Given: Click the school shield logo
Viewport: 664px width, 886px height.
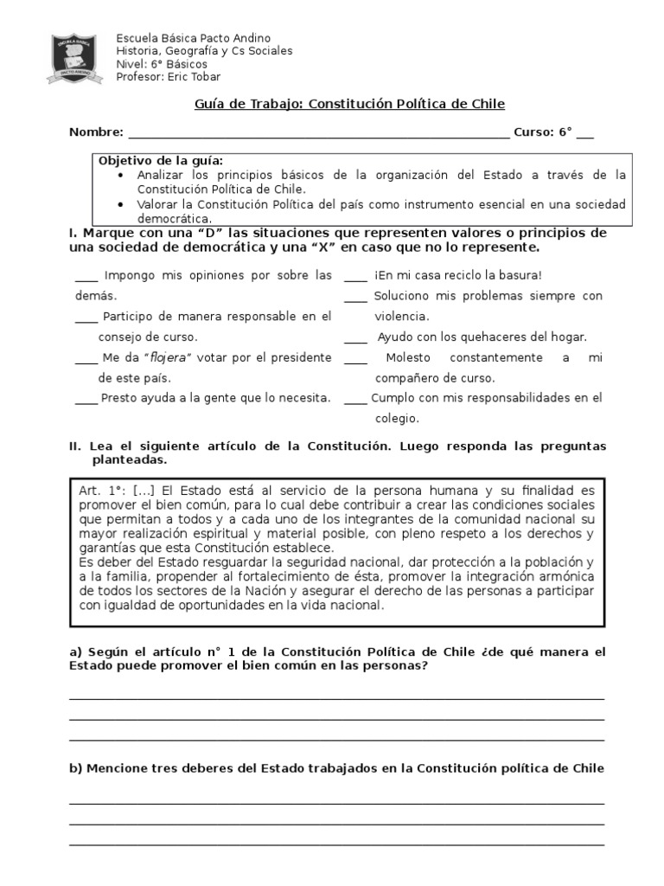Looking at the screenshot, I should (x=80, y=59).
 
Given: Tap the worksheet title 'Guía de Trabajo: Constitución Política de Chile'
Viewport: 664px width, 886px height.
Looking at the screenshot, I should (x=349, y=104).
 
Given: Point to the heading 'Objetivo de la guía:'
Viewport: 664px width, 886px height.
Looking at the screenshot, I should (x=161, y=161).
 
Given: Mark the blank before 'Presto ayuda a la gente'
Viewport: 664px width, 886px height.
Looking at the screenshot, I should (x=86, y=400).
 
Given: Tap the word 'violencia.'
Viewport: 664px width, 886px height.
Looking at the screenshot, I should (x=401, y=317).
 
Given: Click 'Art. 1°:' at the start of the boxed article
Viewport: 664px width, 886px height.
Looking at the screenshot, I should (x=102, y=491).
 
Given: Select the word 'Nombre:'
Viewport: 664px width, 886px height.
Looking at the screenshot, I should (x=96, y=132).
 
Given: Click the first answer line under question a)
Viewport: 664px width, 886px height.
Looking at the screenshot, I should (x=336, y=697).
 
